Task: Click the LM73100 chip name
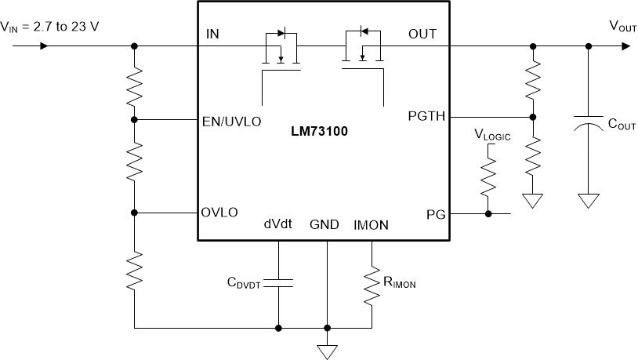click(321, 133)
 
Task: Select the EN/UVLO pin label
click(231, 122)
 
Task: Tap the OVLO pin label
click(219, 213)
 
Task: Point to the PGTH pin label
click(426, 117)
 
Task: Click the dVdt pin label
click(278, 224)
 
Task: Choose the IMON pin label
click(371, 224)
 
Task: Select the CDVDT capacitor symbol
click(278, 283)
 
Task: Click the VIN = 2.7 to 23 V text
click(50, 27)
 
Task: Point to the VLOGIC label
click(492, 135)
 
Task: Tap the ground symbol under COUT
click(588, 202)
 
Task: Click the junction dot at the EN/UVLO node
click(135, 119)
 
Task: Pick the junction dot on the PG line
click(489, 213)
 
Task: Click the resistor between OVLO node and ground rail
click(135, 270)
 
